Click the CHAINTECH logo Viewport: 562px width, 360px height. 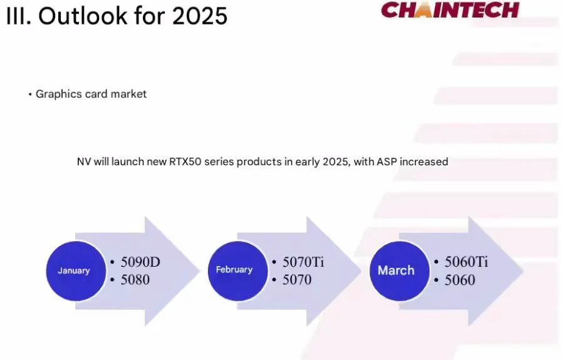[450, 9]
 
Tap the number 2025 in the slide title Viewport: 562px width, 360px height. [200, 16]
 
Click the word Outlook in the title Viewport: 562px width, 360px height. [83, 16]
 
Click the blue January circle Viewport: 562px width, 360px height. [76, 271]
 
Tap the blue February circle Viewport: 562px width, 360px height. [237, 271]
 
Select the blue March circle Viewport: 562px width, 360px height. [400, 271]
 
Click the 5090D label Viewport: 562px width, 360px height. [140, 262]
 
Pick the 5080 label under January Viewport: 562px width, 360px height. [135, 280]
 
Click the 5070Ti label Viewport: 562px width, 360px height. [303, 262]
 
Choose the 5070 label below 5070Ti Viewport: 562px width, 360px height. [297, 280]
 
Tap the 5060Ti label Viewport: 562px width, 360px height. [466, 262]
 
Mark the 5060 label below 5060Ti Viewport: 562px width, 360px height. [460, 280]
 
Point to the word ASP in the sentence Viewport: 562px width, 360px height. [387, 162]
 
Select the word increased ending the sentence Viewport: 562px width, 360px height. [424, 162]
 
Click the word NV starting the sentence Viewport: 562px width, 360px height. [84, 162]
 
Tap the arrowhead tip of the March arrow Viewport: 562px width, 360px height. [523, 271]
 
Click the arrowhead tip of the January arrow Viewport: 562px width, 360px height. [200, 271]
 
